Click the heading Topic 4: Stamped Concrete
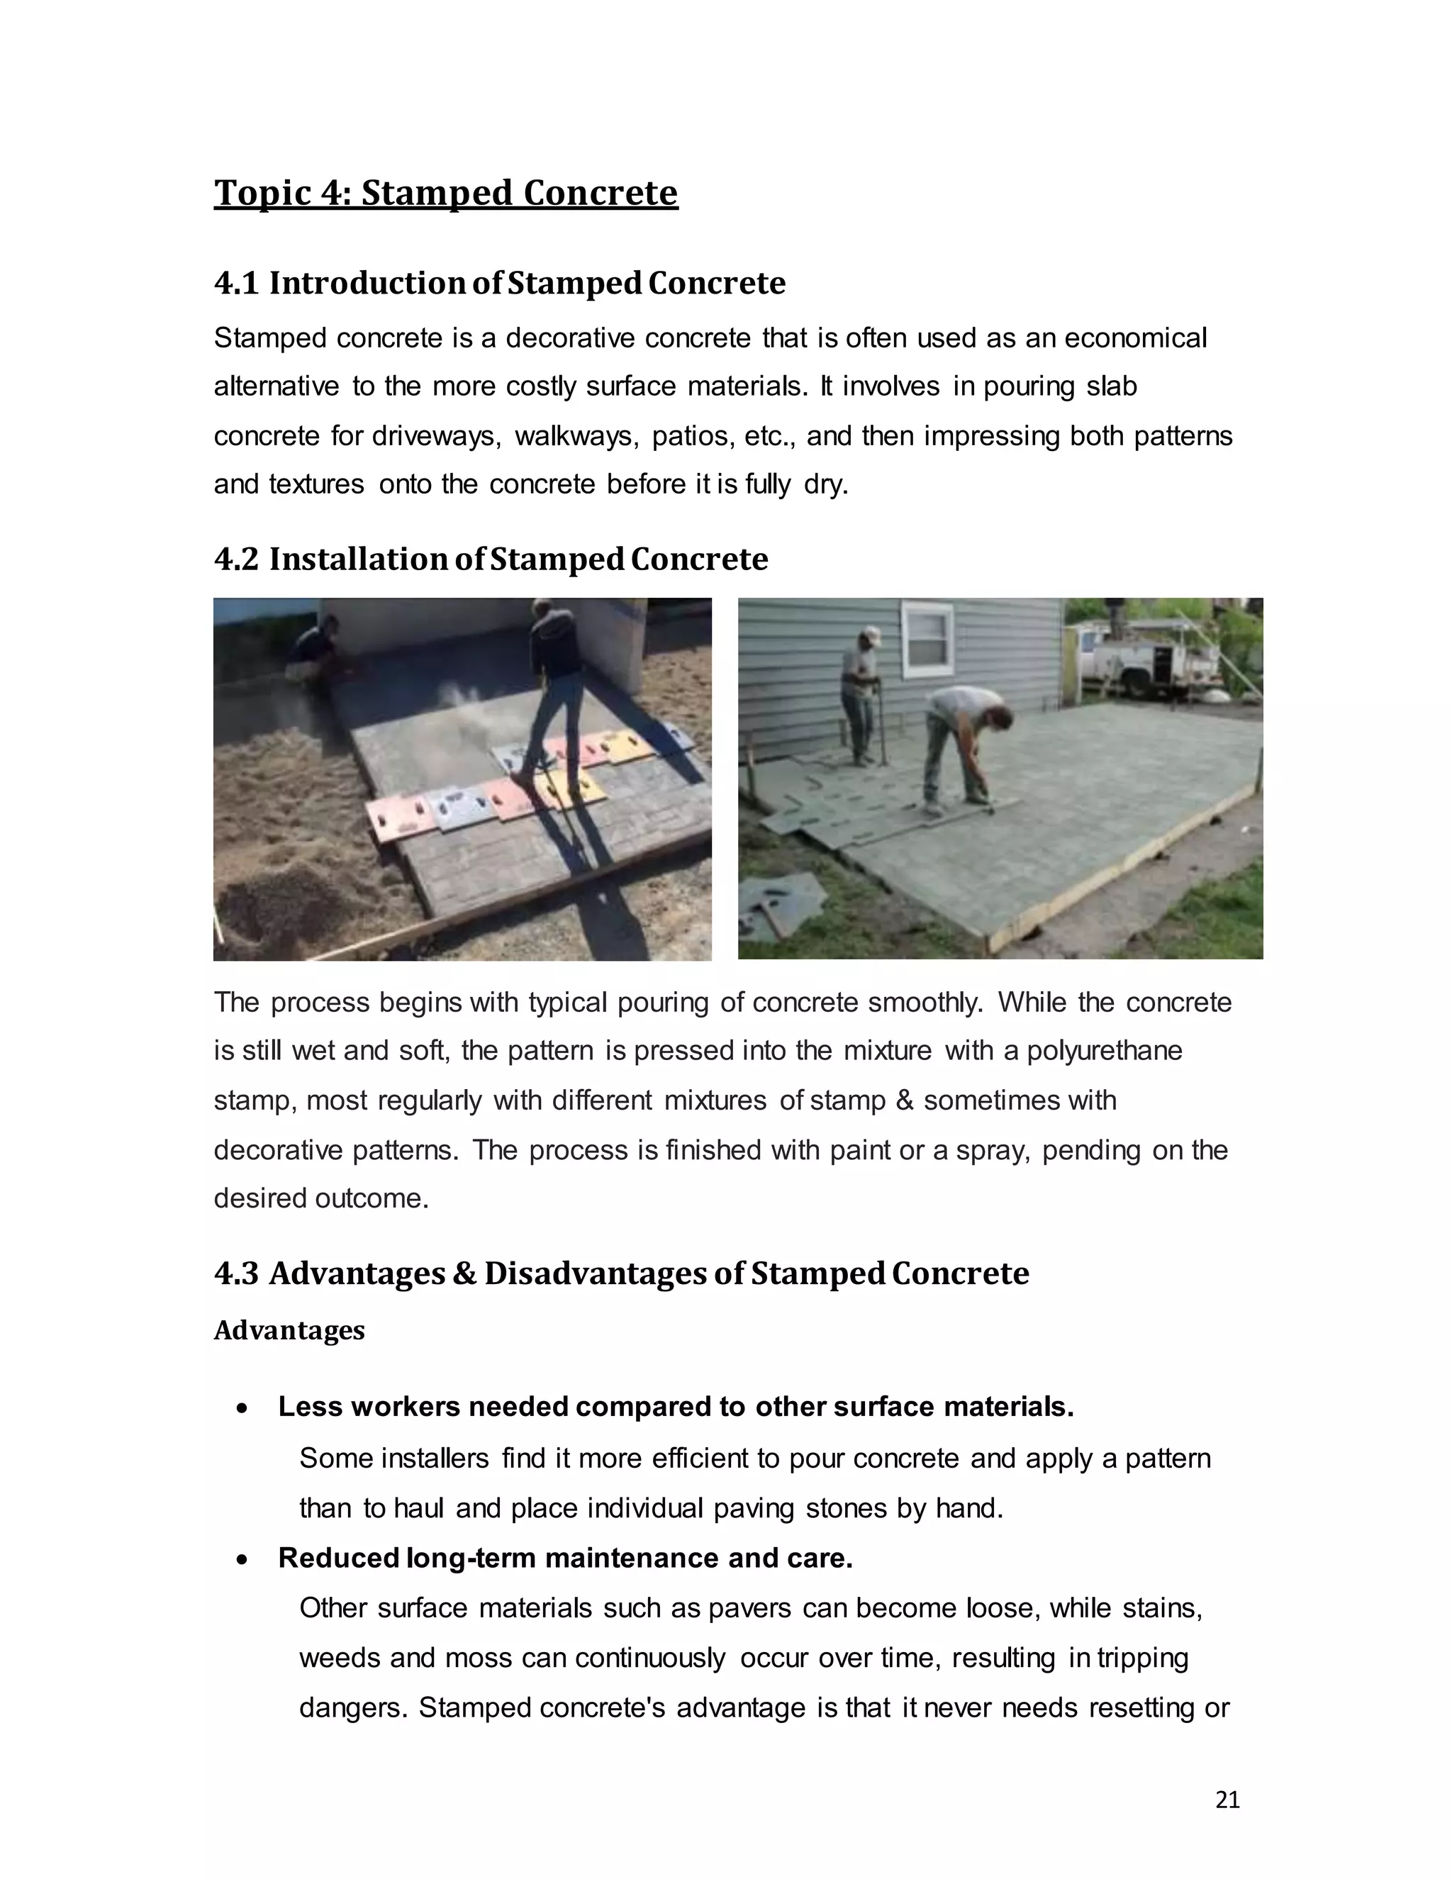445,193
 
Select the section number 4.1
235,283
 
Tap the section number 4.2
235,559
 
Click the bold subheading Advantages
289,1330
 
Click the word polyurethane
1104,1052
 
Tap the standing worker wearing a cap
860,693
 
